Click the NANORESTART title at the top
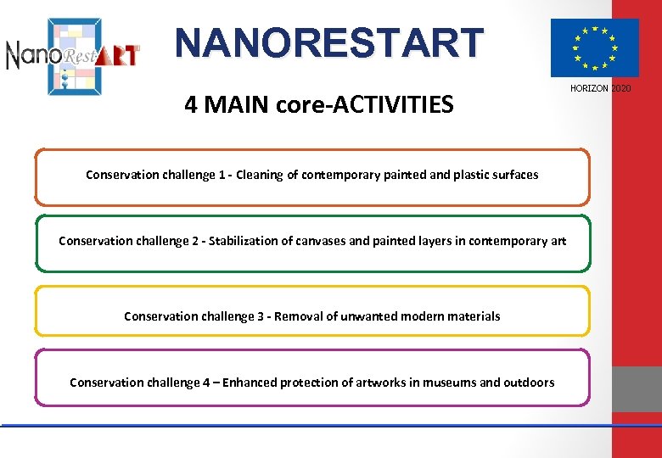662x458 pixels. pyautogui.click(x=329, y=42)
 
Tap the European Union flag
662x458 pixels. pyautogui.click(x=594, y=47)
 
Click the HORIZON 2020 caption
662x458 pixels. pyautogui.click(x=600, y=89)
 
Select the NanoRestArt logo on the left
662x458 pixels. pyautogui.click(x=73, y=54)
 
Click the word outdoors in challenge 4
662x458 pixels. pyautogui.click(x=529, y=383)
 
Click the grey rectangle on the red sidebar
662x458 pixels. pyautogui.click(x=637, y=388)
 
